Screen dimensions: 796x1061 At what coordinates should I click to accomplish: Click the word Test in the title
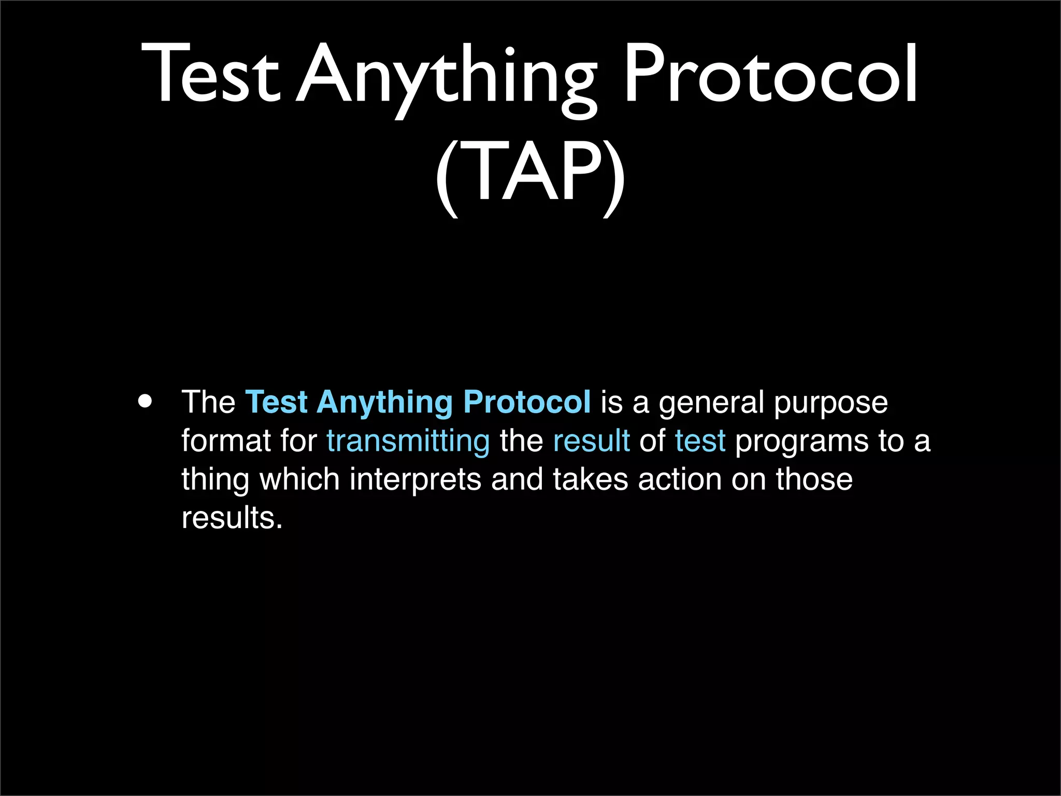coord(210,73)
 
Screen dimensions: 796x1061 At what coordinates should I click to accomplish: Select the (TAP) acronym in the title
coord(530,174)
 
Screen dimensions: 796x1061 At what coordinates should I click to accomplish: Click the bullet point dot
coord(146,402)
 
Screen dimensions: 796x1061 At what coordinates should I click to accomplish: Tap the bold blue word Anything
coord(384,403)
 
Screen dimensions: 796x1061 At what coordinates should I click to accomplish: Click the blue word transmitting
coord(408,442)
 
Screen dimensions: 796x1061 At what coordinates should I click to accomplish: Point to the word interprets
coord(415,480)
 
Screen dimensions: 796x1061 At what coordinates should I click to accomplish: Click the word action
coord(680,479)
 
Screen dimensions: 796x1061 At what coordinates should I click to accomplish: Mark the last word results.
coord(232,517)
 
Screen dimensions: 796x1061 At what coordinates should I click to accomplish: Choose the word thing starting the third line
coord(215,480)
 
